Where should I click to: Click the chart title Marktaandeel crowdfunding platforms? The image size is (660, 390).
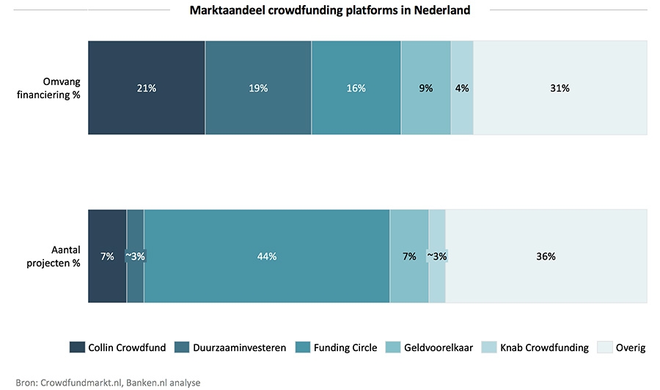(330, 10)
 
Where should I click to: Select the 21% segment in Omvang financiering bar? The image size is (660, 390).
(147, 88)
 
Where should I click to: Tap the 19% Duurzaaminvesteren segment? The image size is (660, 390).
(258, 88)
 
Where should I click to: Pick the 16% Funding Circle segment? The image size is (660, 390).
(356, 88)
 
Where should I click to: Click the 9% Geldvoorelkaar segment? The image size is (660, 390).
(425, 88)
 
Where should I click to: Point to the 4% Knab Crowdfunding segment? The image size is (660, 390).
(462, 88)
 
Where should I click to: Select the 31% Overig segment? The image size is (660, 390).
(560, 88)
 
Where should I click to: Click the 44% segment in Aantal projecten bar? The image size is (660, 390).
(267, 256)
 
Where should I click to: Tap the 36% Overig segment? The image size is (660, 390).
(546, 256)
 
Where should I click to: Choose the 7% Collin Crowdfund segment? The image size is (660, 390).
(107, 256)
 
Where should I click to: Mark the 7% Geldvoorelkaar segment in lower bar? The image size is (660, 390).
(408, 256)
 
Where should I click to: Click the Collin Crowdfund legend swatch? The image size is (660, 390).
(77, 347)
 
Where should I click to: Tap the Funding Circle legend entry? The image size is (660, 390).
(345, 347)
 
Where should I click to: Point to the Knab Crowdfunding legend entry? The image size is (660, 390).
(544, 347)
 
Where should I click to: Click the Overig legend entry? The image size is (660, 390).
(630, 347)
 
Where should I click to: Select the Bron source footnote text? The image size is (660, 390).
(108, 382)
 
